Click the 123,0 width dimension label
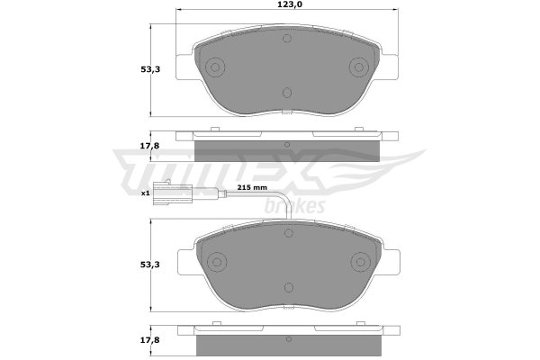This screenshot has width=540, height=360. [287, 4]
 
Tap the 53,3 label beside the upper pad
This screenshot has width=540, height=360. [150, 69]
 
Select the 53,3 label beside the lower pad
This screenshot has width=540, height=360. [150, 265]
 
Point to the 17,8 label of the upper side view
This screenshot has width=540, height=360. [149, 146]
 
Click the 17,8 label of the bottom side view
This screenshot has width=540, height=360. [149, 340]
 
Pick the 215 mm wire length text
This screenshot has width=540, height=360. [252, 188]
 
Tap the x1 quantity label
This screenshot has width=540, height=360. [145, 193]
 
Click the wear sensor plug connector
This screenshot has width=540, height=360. [172, 193]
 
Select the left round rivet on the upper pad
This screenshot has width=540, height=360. [215, 67]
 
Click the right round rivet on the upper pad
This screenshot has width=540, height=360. [359, 67]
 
